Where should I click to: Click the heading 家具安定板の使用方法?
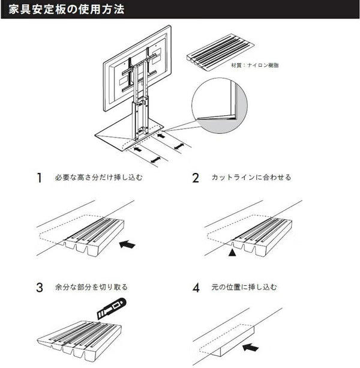(67, 10)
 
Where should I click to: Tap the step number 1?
(40, 178)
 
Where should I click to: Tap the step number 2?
(196, 178)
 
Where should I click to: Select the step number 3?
(40, 287)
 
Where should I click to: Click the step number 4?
(196, 287)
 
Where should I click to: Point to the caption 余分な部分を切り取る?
(91, 287)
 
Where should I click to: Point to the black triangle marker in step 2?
(232, 255)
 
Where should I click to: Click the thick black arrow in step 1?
(128, 244)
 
